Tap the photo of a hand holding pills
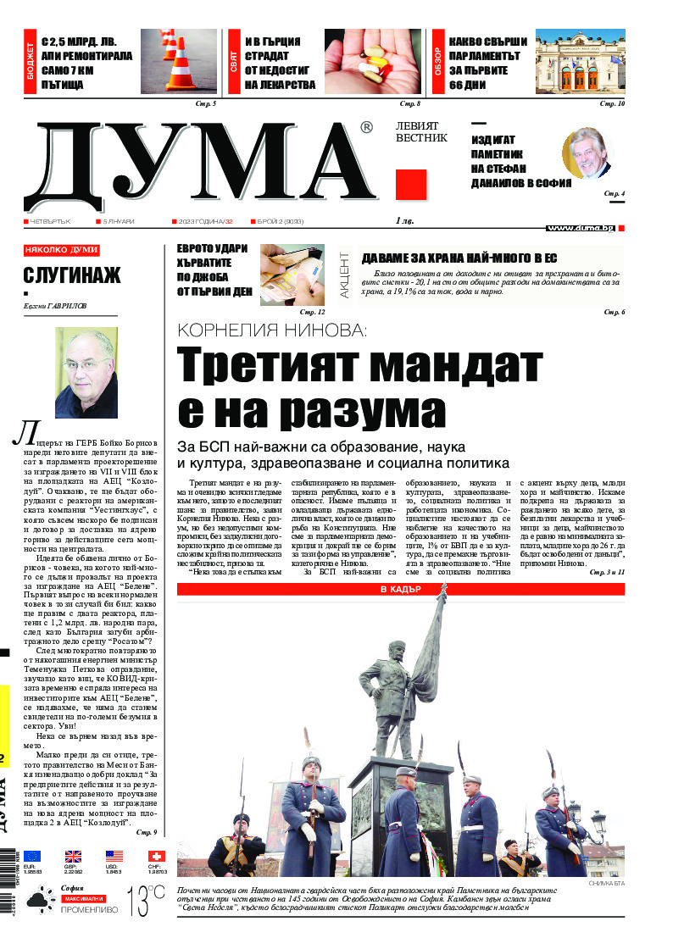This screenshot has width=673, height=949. coord(372,62)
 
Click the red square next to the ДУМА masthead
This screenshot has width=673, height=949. coord(410,184)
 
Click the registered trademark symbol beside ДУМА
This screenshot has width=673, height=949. coord(365,128)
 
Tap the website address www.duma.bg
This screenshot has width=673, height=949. coord(580,228)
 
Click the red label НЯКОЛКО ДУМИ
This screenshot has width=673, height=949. coord(62,250)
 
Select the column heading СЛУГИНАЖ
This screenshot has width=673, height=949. coord(72,275)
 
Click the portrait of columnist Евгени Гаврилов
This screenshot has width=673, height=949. coord(86,367)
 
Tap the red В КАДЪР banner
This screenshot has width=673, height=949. coord(401,588)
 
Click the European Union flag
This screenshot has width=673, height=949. coord(33,856)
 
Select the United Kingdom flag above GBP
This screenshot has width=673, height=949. coord(73,856)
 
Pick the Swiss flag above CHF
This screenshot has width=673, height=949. coord(156,856)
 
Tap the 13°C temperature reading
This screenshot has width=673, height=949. coord(147,900)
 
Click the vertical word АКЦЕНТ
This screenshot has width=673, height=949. coord(345,274)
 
